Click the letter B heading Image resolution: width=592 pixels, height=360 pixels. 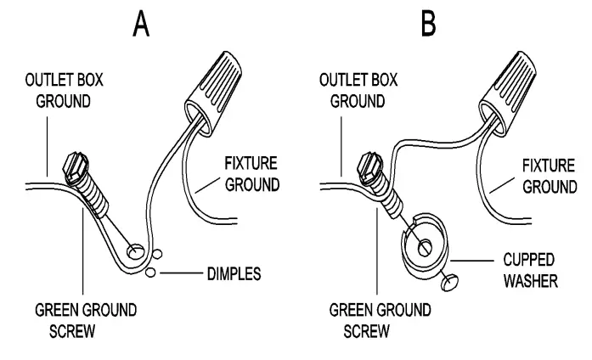(x=430, y=25)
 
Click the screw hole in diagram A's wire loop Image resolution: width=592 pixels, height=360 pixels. (x=134, y=251)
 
